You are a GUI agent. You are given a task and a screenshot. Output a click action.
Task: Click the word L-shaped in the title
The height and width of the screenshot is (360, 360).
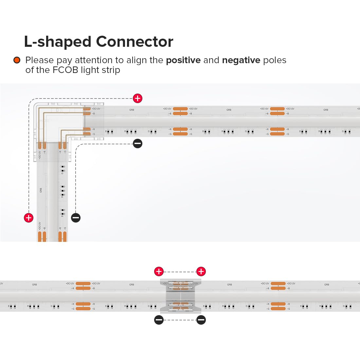pos(57,42)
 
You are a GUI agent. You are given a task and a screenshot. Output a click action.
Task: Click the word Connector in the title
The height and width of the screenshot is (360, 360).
pos(135,42)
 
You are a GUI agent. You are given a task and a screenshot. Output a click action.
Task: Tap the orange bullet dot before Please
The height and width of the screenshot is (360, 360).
pos(17,60)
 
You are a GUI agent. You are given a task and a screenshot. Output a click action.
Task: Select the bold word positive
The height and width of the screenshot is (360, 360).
pos(183,60)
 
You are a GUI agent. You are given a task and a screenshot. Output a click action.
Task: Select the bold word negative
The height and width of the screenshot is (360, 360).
pos(241,60)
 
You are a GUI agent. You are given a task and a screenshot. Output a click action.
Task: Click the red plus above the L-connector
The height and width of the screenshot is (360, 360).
pos(137,98)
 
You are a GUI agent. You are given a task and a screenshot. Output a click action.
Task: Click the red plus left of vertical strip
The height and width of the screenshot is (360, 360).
pos(29,218)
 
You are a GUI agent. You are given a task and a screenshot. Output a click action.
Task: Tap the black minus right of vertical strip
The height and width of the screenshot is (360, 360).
pos(76,218)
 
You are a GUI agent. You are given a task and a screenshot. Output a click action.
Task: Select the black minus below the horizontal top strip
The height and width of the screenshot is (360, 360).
pos(137,143)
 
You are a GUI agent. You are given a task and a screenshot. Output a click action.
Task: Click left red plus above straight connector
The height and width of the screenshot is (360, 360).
pos(159,271)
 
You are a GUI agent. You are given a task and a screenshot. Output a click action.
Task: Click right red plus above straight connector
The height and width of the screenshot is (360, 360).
pos(201,271)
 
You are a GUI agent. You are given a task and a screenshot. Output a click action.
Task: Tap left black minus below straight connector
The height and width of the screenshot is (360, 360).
pos(159,320)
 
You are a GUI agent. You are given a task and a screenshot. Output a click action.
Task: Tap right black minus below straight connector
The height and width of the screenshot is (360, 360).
pos(201,320)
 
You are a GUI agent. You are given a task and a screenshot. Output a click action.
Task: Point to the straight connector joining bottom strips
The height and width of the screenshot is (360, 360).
pos(180,296)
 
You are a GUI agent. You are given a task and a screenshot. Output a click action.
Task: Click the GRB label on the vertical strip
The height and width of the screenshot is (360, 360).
pos(41,190)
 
